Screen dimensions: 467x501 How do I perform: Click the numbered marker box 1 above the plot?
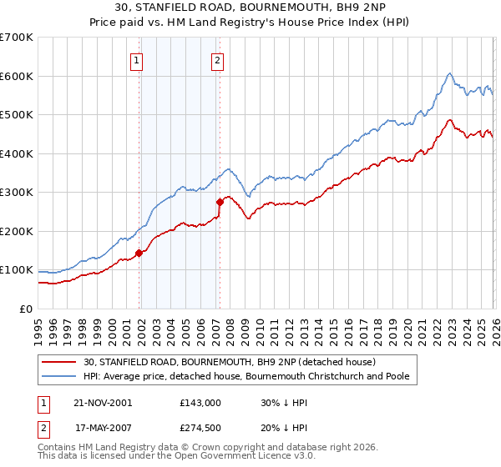click(x=135, y=59)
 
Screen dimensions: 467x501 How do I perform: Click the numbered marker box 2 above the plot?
click(x=217, y=59)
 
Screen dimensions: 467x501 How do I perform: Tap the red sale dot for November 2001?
click(x=139, y=254)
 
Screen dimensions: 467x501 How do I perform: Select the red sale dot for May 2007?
click(x=220, y=202)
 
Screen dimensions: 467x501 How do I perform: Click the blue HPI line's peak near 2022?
click(x=449, y=73)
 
